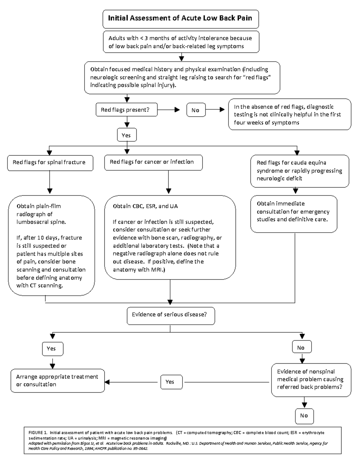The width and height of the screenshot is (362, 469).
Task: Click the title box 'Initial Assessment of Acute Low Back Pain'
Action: pyautogui.click(x=180, y=18)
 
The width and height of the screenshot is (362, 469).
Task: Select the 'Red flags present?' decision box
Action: pyautogui.click(x=127, y=110)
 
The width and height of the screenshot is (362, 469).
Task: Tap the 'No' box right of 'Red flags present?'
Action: pyautogui.click(x=196, y=110)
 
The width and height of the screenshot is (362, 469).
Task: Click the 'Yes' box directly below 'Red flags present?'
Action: pyautogui.click(x=126, y=135)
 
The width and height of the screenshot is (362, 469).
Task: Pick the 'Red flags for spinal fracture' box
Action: pyautogui.click(x=50, y=163)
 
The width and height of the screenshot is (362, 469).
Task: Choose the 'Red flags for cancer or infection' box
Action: pyautogui.click(x=153, y=162)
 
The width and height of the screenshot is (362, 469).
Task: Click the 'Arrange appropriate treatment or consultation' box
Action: pyautogui.click(x=58, y=381)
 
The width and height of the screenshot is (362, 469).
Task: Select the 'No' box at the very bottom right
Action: pyautogui.click(x=304, y=416)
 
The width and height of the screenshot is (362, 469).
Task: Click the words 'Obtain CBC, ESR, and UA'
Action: pyautogui.click(x=145, y=206)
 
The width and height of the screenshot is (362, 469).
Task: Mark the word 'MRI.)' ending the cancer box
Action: pyautogui.click(x=158, y=270)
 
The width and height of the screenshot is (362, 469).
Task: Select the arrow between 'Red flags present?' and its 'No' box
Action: pyautogui.click(x=169, y=110)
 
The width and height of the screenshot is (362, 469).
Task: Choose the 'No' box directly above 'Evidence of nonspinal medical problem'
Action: pyautogui.click(x=302, y=348)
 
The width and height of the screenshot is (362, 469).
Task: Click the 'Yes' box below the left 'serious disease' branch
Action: pyautogui.click(x=52, y=349)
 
